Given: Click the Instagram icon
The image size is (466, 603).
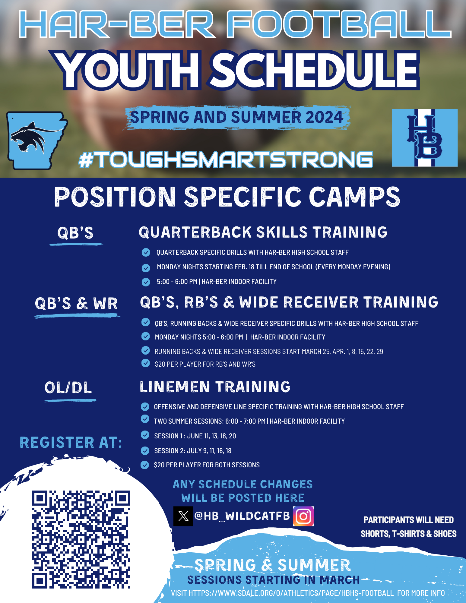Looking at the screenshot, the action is [303, 516].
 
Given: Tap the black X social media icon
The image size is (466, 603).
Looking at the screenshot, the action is [183, 516].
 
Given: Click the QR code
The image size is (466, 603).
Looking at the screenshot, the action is [81, 539].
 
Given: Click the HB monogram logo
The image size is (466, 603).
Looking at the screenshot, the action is [425, 138].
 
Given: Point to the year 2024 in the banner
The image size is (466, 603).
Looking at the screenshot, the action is [324, 117].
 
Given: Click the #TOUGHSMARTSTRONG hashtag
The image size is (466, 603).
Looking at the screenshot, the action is [226, 159].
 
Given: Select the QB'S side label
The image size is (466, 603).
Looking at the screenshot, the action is [75, 233].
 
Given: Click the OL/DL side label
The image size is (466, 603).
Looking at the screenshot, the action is [68, 388].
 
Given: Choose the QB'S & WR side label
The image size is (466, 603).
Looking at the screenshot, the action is [76, 303].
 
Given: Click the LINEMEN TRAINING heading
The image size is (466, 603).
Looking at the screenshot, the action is [215, 387].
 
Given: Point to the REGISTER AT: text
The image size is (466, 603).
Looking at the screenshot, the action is [71, 443].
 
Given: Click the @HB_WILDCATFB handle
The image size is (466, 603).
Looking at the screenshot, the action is [242, 516].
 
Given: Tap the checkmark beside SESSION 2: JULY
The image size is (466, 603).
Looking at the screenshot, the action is [145, 450].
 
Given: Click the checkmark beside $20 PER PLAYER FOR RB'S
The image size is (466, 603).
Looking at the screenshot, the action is [146, 363].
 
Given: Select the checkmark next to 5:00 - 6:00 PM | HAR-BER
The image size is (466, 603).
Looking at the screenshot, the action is [146, 282].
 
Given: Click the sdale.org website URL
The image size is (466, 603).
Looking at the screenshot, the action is [291, 593].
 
